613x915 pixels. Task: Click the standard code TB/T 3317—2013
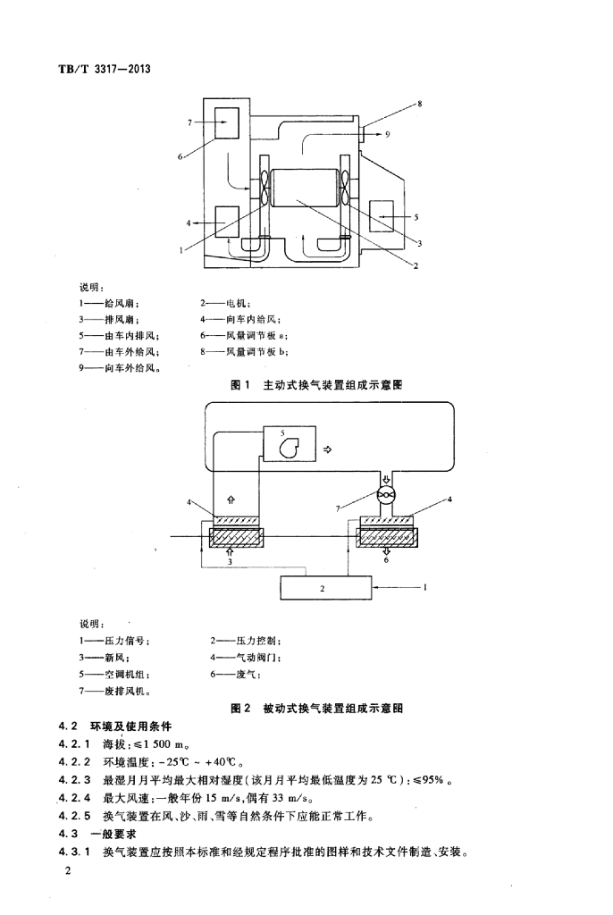(105, 69)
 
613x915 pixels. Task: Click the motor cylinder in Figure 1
(304, 188)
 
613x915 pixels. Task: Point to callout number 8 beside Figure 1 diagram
(419, 104)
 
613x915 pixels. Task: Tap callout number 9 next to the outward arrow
(387, 134)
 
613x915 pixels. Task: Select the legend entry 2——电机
(225, 303)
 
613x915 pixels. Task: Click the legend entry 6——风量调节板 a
(244, 336)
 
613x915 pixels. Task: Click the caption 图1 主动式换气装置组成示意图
(316, 384)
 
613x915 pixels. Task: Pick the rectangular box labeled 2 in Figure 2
(326, 588)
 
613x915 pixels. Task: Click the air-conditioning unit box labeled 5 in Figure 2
(290, 443)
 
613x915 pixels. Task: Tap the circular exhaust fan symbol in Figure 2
(386, 495)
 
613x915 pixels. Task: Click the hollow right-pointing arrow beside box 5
(328, 449)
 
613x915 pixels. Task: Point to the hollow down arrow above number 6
(386, 550)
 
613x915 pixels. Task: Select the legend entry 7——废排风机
(115, 691)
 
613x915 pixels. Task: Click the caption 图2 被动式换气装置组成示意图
(316, 709)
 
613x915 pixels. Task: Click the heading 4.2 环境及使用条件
(115, 726)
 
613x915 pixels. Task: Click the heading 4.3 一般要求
(97, 834)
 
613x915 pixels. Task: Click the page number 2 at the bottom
(68, 870)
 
